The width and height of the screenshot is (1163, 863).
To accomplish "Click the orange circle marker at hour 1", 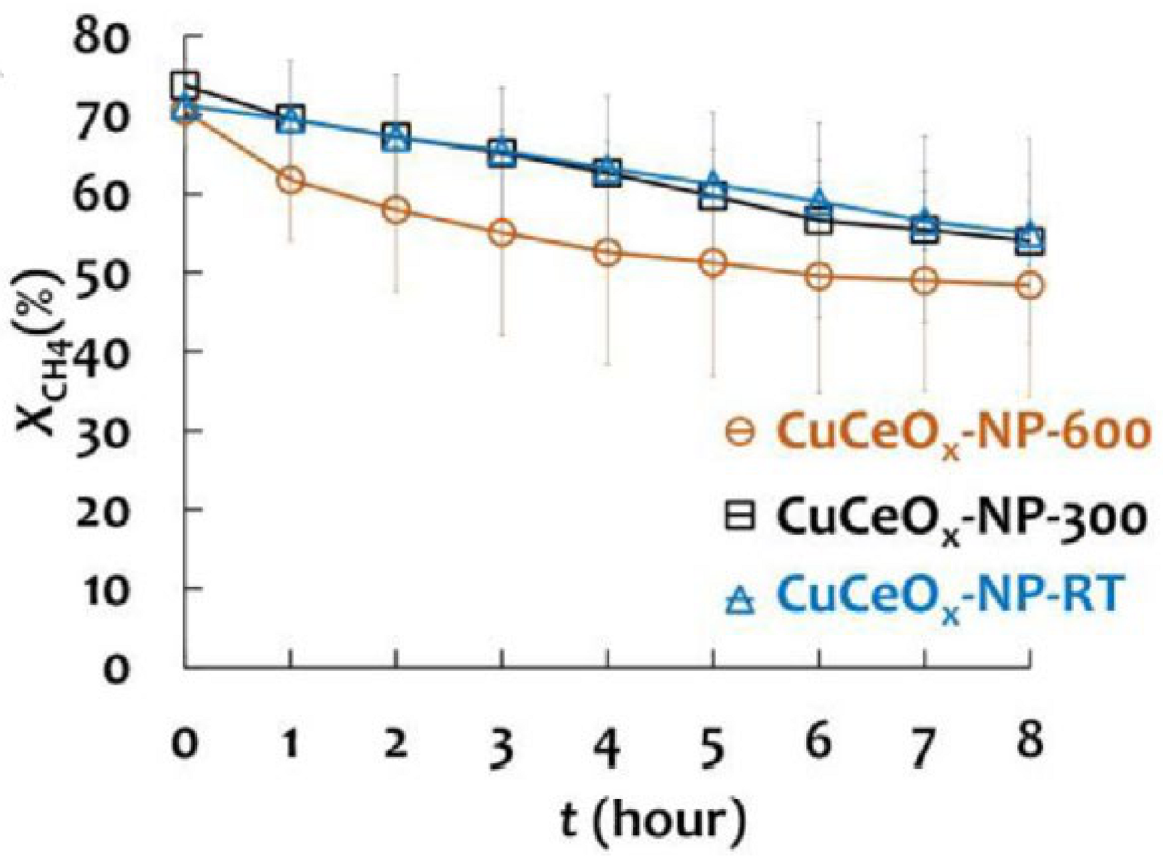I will coord(290,180).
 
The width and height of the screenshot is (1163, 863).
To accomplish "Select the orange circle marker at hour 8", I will coord(1029,285).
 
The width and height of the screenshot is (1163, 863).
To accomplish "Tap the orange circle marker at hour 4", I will coord(607,253).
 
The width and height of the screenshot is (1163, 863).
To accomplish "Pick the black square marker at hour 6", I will coord(818,222).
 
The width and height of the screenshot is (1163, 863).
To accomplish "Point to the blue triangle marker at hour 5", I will coord(713,183).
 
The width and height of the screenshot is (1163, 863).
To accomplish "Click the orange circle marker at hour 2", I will coord(396,210).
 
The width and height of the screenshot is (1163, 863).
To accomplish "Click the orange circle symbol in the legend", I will coord(739,432).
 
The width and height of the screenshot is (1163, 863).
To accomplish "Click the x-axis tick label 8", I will coord(1029,741).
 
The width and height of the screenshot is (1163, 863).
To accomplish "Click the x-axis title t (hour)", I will coord(653,819).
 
